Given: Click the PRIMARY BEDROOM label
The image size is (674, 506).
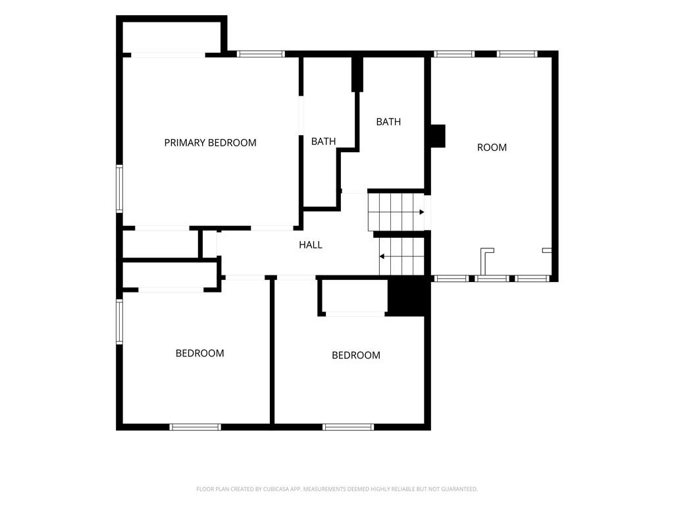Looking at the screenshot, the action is pos(210,142).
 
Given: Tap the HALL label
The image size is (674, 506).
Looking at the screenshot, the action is pos(311,245).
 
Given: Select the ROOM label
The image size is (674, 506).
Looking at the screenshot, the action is pos(492,148).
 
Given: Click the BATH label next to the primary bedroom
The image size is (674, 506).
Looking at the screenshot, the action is pos(323,141).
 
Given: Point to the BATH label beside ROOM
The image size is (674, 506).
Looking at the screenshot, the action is pos(388,122).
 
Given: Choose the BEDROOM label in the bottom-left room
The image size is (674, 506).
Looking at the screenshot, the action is pos(200,353).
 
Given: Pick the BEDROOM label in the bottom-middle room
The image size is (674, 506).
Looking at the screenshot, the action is pos(356,355).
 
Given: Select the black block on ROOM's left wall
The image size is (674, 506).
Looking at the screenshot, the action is pos(438,136).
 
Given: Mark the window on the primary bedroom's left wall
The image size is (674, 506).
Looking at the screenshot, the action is pos(120,188).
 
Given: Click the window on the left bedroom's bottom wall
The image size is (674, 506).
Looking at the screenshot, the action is pos(195,427).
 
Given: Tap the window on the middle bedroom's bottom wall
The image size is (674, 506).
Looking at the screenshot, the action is pos(348,427).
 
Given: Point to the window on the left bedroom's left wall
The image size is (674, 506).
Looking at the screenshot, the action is pos(120,322).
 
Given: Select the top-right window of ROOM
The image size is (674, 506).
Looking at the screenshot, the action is pos(517,54).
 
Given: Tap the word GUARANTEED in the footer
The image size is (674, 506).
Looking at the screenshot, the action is pos(461,489).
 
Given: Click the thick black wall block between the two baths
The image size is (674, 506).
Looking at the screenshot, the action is pos(357,74).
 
